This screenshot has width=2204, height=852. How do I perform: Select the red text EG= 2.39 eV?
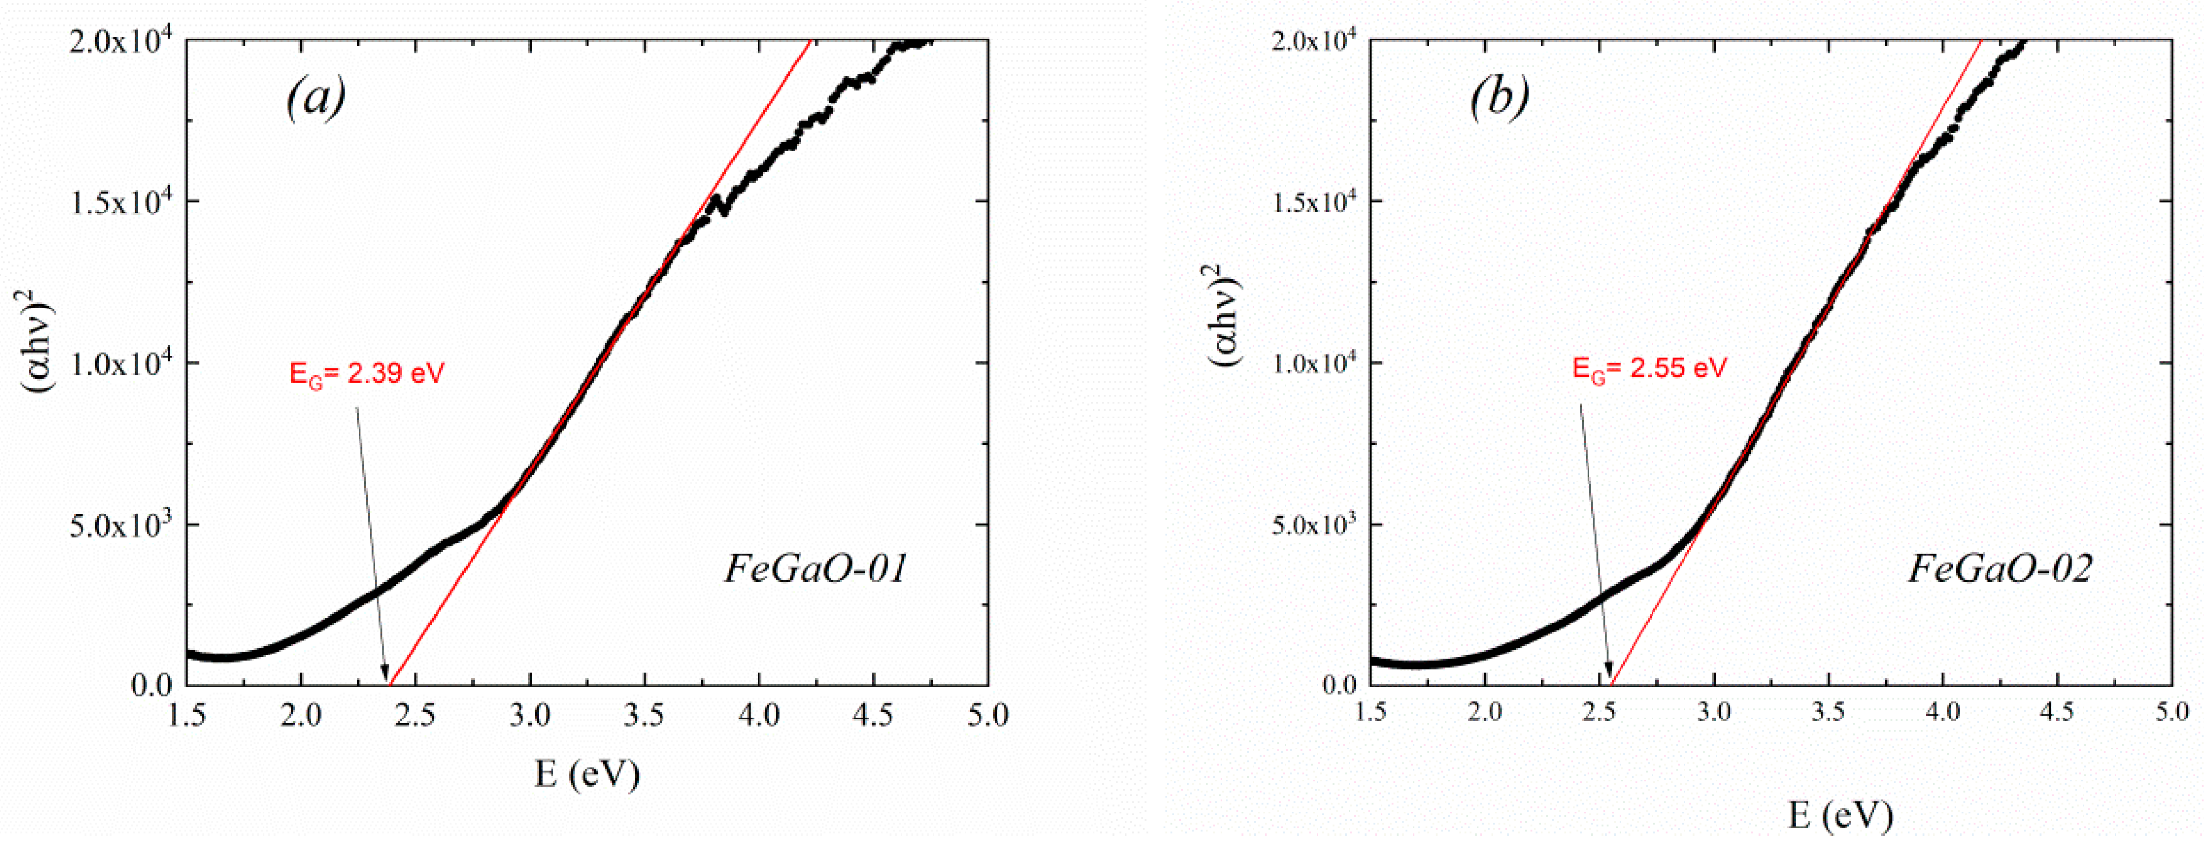click(x=367, y=374)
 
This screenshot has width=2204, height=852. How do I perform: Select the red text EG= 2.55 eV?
click(x=1650, y=369)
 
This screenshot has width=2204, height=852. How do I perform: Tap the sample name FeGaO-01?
click(x=816, y=569)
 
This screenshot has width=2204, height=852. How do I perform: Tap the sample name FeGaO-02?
click(x=2000, y=569)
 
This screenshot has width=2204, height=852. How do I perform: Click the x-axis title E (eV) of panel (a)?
click(x=587, y=774)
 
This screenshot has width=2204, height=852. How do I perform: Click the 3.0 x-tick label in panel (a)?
click(x=530, y=715)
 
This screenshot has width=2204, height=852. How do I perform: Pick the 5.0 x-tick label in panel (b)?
click(x=2171, y=712)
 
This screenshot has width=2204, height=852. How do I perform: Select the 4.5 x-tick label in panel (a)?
click(x=874, y=715)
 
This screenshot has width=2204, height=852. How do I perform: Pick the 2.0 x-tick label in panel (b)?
click(x=1484, y=712)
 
